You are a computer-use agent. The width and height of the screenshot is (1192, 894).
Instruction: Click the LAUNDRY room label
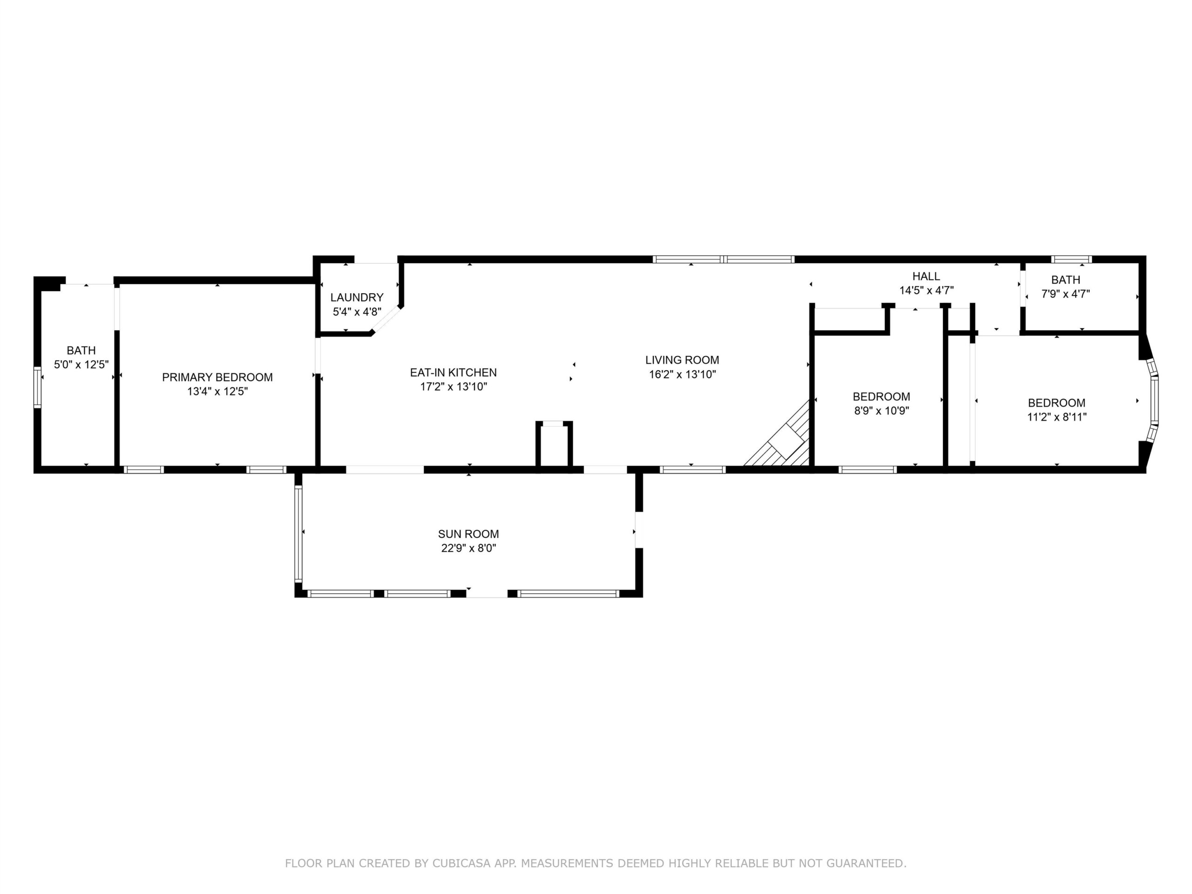tap(357, 298)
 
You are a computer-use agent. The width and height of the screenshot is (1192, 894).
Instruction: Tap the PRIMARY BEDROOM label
tap(217, 377)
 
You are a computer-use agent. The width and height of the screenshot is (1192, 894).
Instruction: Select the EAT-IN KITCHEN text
tap(453, 372)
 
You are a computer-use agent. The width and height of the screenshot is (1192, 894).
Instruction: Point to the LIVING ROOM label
tap(682, 360)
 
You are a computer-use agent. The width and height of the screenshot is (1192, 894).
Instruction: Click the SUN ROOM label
tap(468, 534)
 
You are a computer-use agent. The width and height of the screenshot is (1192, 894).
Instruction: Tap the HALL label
tap(926, 277)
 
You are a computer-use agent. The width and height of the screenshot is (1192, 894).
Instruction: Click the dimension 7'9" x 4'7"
tap(1066, 294)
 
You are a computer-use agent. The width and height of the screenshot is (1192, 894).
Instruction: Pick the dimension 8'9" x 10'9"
tap(881, 411)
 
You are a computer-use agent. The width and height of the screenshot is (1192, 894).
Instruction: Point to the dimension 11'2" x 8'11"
tap(1057, 417)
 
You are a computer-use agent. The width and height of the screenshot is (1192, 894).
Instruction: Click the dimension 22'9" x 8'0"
tap(468, 549)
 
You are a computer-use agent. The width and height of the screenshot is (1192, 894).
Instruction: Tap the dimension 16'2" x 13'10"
tap(682, 374)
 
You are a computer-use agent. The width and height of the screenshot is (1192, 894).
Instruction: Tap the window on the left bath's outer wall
tap(37, 387)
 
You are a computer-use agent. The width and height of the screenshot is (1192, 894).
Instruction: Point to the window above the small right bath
tap(1072, 259)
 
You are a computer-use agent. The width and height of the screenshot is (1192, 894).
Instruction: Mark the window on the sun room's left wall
tap(298, 534)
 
